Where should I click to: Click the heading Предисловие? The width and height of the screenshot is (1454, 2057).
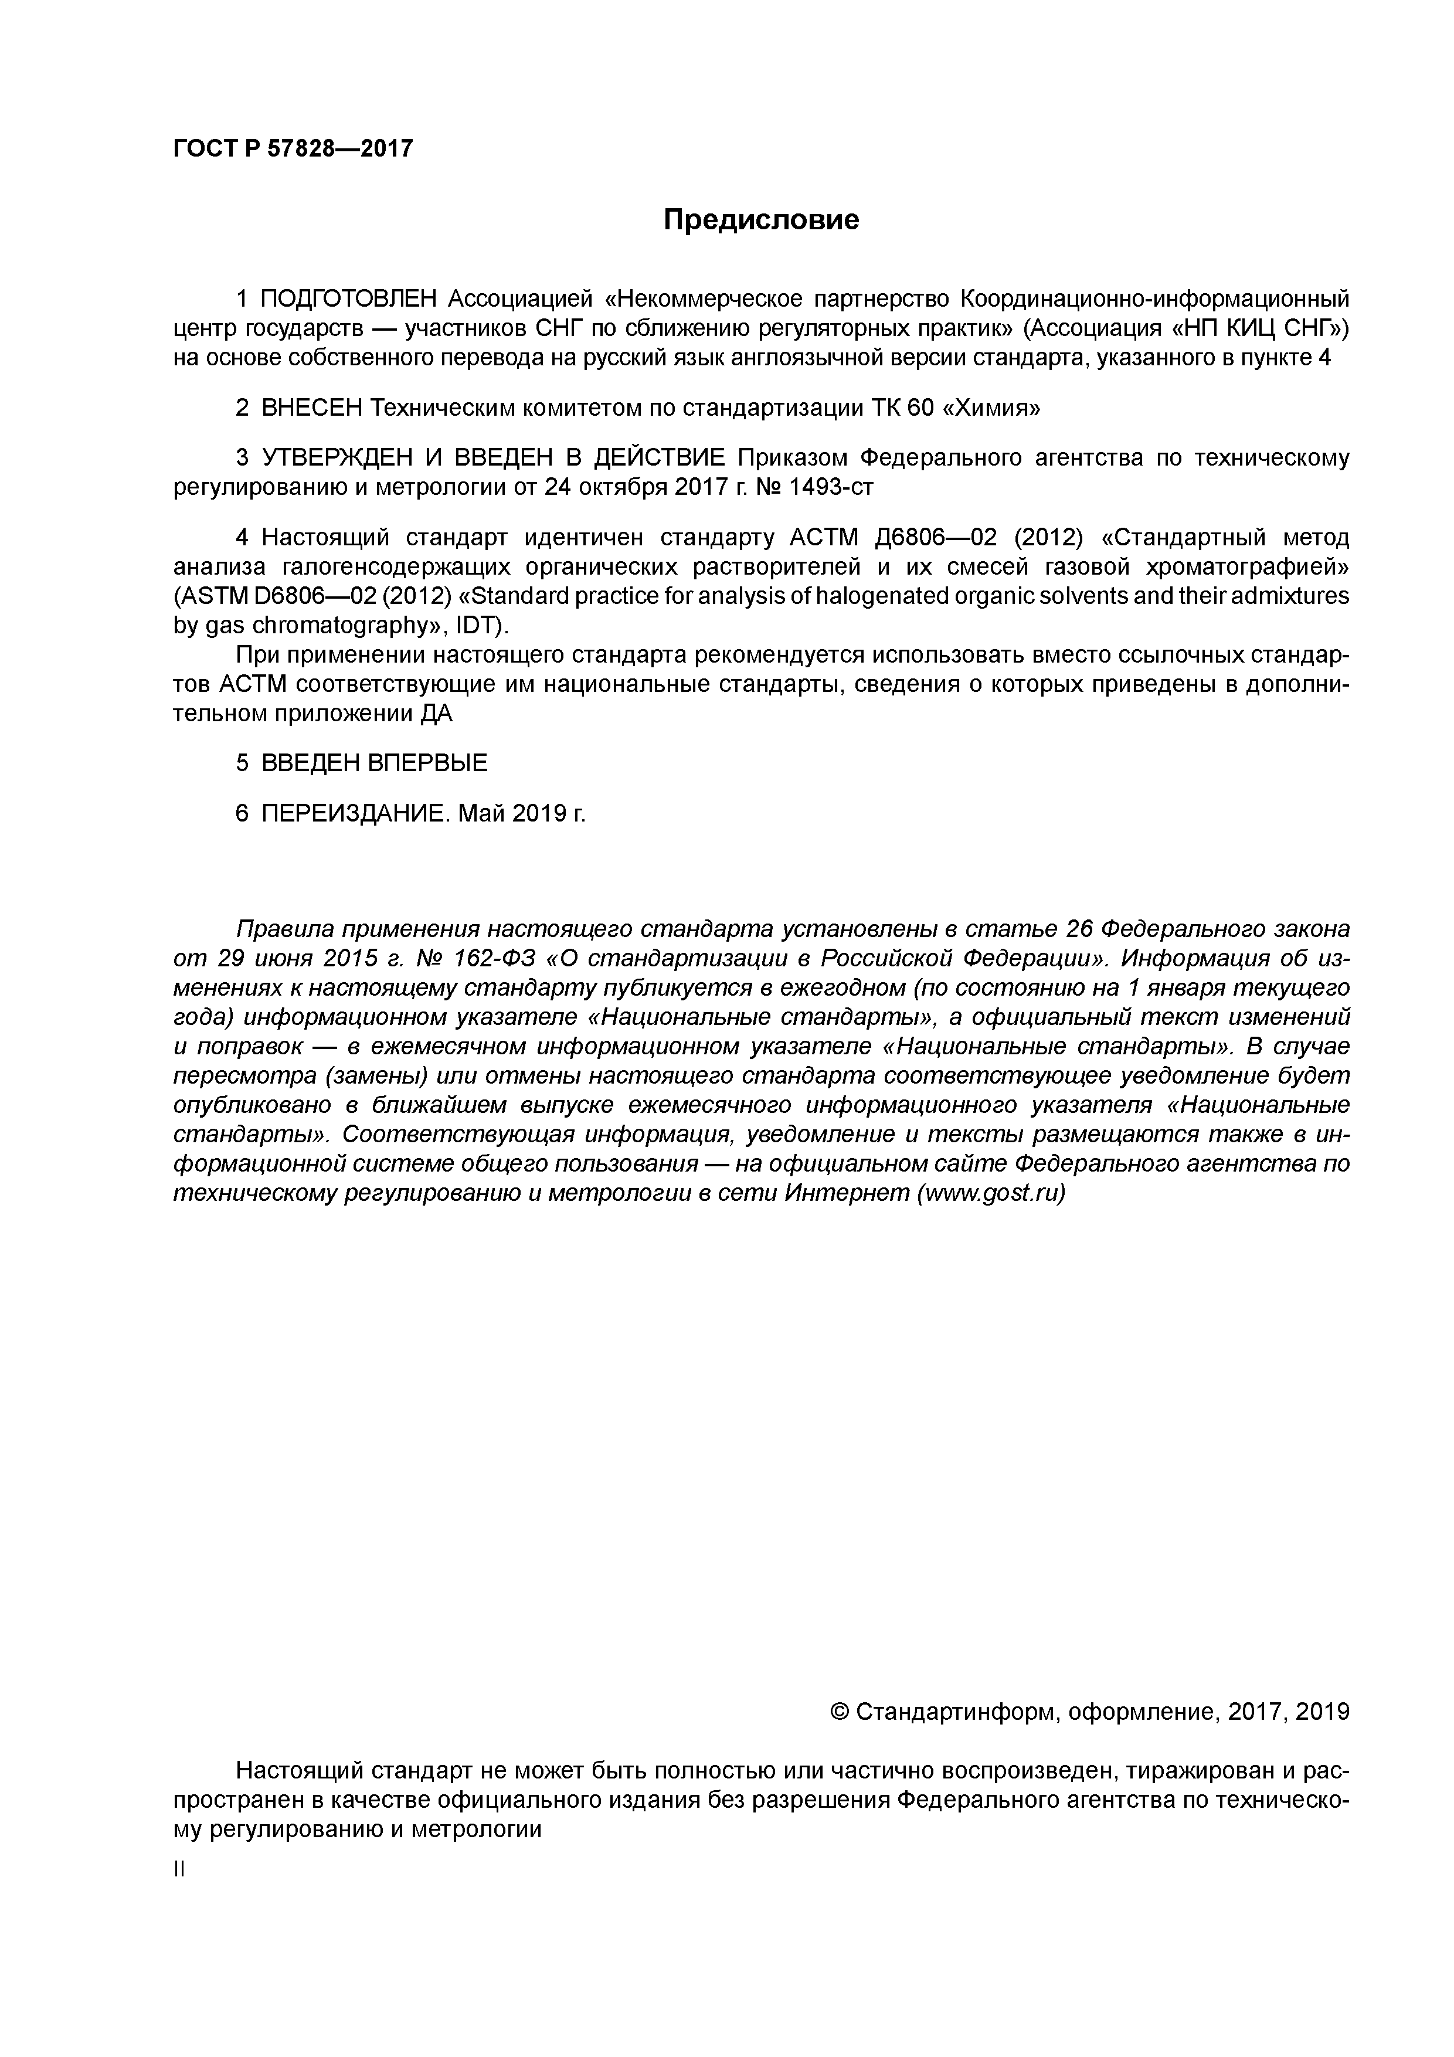tap(760, 219)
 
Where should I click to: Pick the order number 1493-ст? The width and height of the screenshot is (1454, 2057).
tap(828, 487)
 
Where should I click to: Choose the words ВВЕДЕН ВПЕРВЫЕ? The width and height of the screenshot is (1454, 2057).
tap(375, 763)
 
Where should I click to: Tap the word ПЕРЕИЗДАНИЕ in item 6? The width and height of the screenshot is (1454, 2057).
tap(353, 813)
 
